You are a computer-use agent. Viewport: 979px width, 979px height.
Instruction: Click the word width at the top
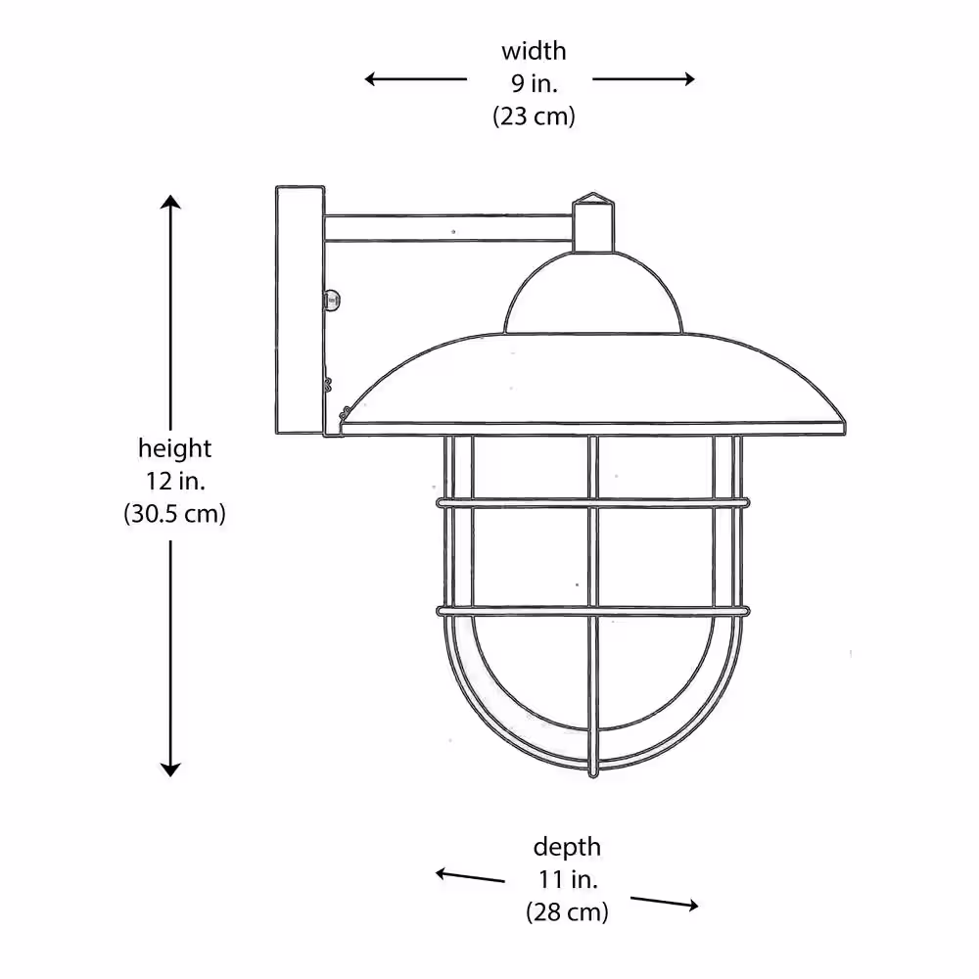point(534,51)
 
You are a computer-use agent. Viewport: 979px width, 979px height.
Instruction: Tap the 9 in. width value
point(535,83)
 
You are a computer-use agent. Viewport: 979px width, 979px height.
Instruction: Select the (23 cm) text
point(534,117)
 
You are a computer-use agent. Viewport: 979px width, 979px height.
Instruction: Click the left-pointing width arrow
point(416,78)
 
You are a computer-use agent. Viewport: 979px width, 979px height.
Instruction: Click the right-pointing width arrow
point(643,78)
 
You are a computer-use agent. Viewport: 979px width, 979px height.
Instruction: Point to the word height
point(175,448)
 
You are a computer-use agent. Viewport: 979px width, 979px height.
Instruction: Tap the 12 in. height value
point(175,481)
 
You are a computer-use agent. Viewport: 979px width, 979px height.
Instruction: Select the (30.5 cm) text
point(175,514)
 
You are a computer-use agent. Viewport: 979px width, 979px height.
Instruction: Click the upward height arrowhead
point(170,202)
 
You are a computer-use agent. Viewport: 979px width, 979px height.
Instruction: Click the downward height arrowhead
point(170,769)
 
